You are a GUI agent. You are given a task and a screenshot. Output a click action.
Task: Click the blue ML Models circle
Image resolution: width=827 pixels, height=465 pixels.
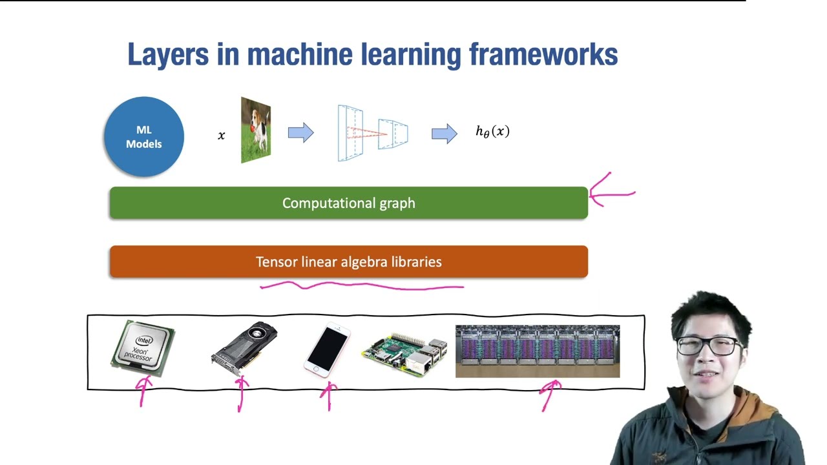(x=143, y=137)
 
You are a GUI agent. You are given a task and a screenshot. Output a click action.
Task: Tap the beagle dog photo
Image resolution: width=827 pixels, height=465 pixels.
(x=256, y=130)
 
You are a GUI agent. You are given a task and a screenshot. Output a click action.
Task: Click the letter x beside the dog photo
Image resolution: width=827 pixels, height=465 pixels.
(x=222, y=136)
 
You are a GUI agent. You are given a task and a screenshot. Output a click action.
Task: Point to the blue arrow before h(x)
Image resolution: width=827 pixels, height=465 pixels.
(x=444, y=134)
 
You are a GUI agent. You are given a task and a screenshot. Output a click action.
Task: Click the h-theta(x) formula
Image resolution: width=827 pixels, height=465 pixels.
(x=492, y=132)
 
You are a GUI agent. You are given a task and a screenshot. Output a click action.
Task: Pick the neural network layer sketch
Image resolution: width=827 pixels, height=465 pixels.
(x=372, y=133)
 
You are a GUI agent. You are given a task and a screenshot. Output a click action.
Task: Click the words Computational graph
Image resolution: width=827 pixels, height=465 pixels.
(x=348, y=203)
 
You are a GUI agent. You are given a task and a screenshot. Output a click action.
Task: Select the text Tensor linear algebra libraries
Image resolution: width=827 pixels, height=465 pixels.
(x=348, y=262)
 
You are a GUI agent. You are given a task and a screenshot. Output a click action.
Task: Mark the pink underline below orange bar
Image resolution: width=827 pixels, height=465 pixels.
(x=362, y=285)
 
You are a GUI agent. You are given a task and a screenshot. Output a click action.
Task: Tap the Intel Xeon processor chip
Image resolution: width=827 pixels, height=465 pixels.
(x=143, y=348)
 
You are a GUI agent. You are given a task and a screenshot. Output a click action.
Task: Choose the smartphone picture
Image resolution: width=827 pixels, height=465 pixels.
(x=327, y=349)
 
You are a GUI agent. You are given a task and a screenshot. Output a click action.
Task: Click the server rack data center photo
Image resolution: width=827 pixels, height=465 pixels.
(x=538, y=351)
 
